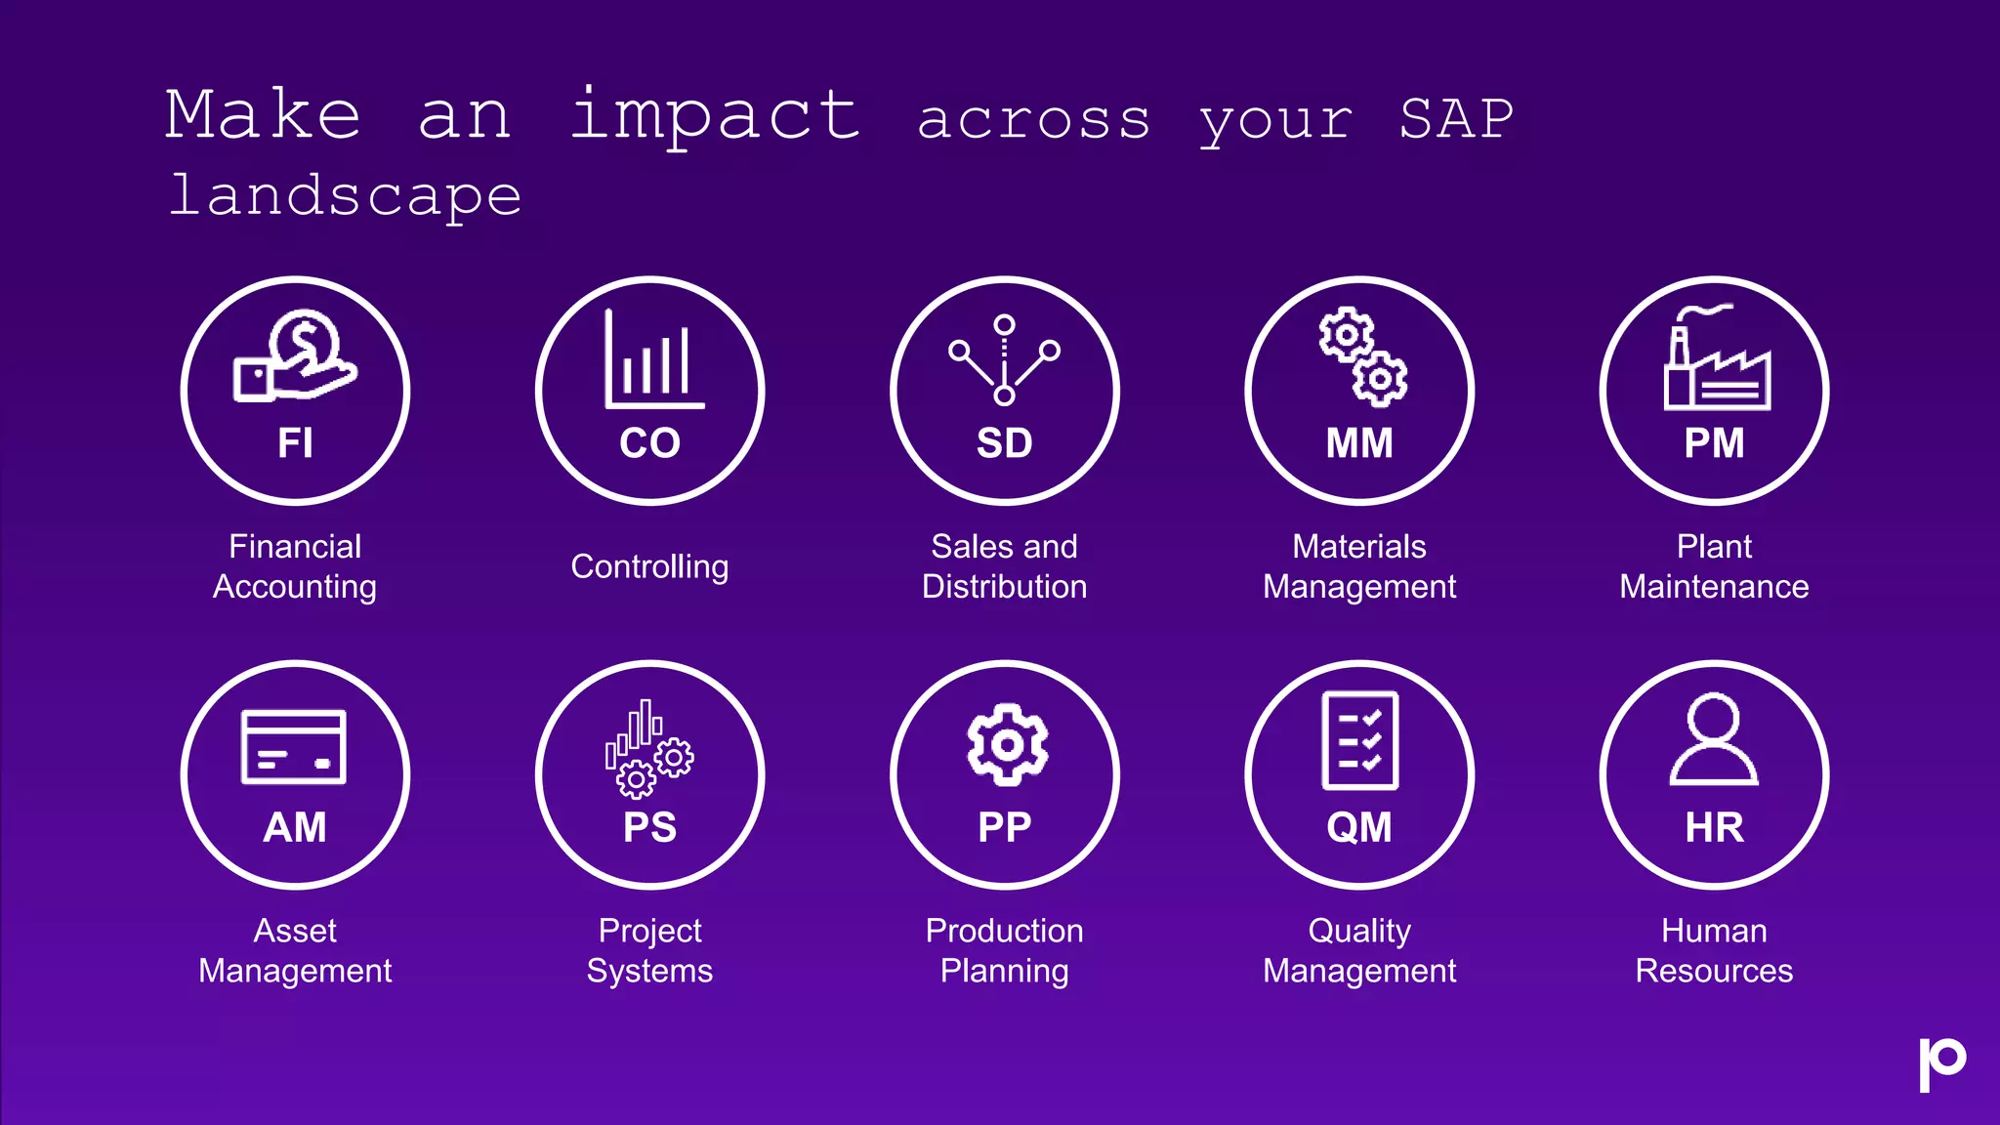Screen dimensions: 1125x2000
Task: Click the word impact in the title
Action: tap(715, 117)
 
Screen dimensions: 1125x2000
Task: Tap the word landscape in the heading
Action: tap(346, 197)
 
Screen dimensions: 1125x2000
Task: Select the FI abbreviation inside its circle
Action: tap(295, 443)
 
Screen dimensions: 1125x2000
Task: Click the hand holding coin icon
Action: tap(295, 356)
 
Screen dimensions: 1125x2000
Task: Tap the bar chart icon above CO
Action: tap(652, 361)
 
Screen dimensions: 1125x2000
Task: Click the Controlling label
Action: tap(649, 566)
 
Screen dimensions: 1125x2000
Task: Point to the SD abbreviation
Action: tap(1004, 443)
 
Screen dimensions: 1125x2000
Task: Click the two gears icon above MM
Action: tap(1362, 356)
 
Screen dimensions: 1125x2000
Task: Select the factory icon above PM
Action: tap(1716, 359)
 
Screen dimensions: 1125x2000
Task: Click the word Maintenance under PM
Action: tap(1714, 587)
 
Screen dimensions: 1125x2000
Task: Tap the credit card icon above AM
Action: tap(294, 747)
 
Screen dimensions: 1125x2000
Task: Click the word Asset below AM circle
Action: tap(295, 931)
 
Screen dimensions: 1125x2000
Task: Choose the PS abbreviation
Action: tap(649, 828)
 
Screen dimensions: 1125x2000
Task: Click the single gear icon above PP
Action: tap(1007, 744)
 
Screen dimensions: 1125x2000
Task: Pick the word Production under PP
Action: tap(1004, 931)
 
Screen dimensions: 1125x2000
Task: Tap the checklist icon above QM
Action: tap(1359, 740)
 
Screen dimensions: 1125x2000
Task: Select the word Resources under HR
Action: tap(1714, 971)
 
